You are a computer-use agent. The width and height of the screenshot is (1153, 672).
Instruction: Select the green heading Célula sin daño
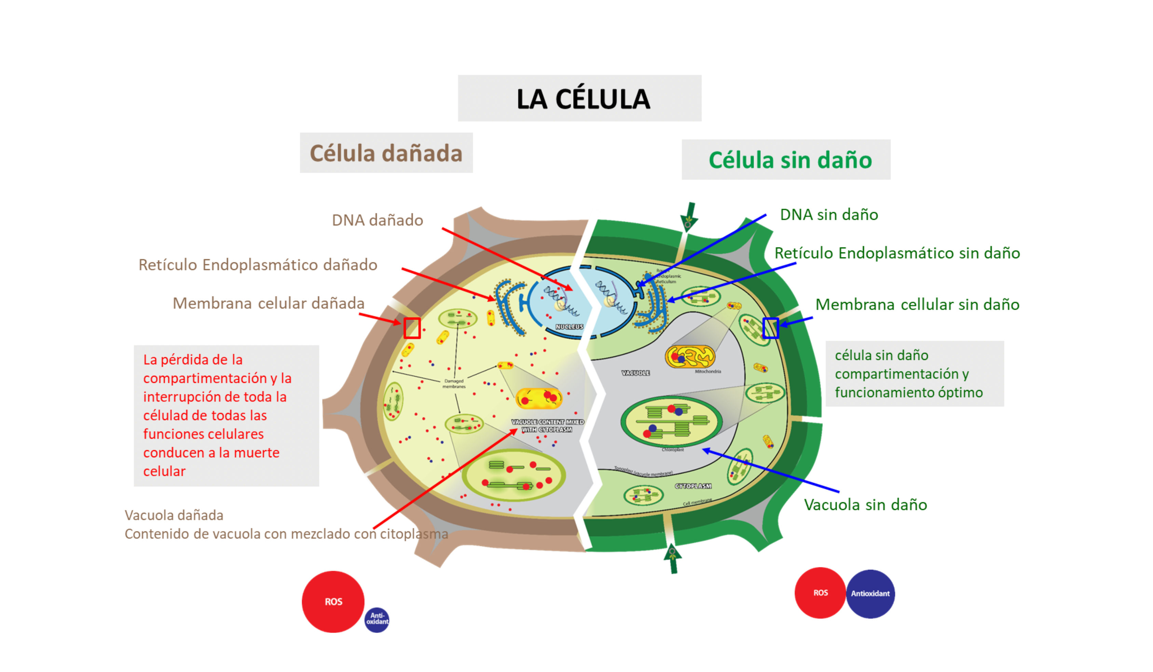790,160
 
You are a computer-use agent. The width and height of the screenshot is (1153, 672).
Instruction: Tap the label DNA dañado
377,220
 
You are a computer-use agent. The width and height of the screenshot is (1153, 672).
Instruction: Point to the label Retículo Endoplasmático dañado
258,265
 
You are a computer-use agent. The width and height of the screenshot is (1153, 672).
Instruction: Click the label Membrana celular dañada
268,303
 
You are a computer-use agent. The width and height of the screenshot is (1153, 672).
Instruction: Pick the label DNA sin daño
828,215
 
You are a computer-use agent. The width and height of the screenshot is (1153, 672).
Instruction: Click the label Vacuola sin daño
865,505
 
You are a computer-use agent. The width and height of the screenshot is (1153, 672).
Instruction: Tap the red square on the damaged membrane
412,328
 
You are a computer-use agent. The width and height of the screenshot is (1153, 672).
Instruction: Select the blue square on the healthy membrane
770,328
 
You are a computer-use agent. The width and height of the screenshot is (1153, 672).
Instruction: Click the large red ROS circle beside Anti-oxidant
333,602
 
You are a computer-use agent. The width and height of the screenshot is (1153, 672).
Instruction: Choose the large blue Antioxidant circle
870,593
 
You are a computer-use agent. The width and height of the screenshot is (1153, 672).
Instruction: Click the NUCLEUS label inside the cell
569,326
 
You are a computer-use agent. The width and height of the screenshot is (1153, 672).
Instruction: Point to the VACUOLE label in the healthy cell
635,373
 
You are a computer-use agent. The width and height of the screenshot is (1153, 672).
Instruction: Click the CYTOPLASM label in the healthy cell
693,486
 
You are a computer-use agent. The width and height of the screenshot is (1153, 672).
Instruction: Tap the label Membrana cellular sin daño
917,305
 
